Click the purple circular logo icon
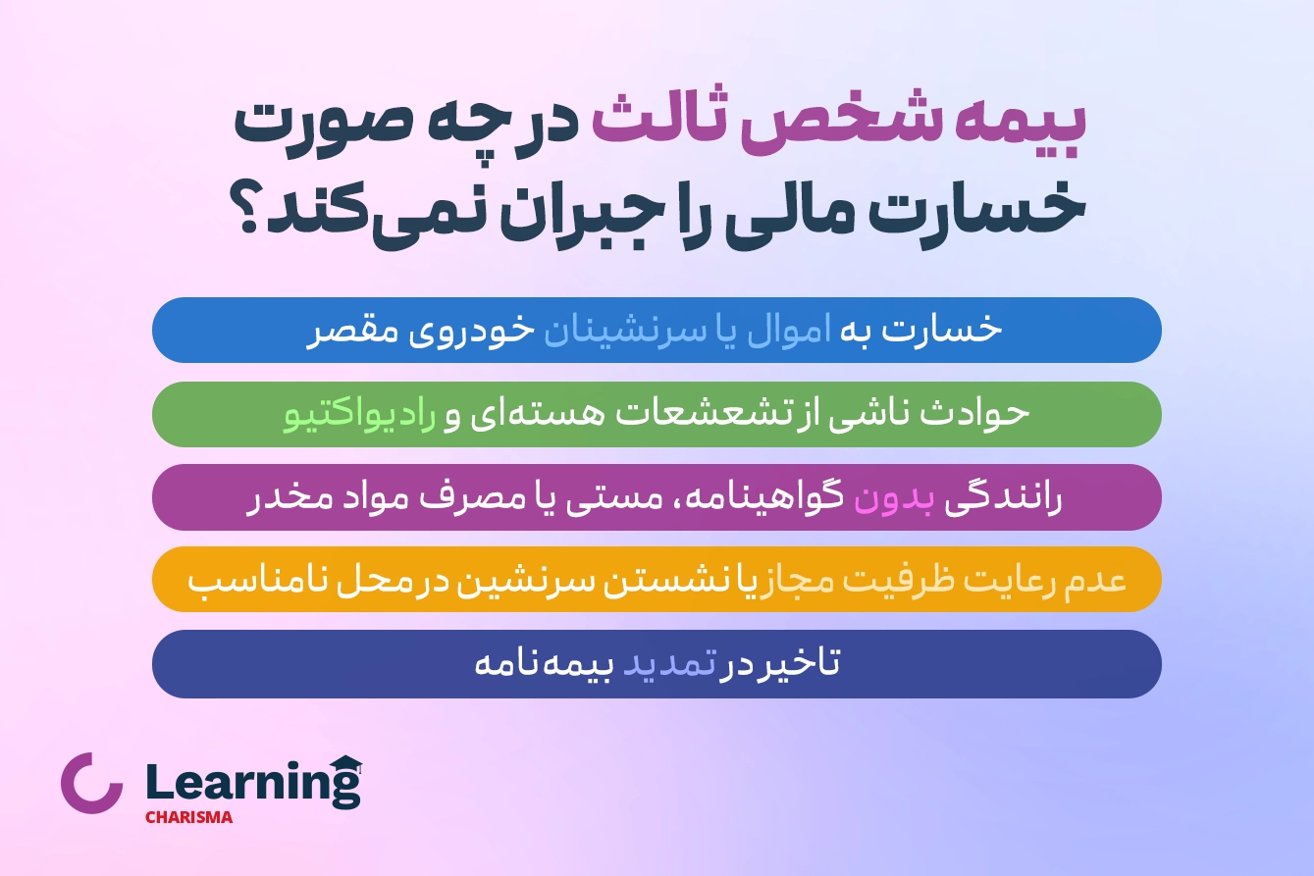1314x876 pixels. pyautogui.click(x=92, y=783)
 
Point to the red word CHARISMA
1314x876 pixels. pyautogui.click(x=188, y=817)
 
